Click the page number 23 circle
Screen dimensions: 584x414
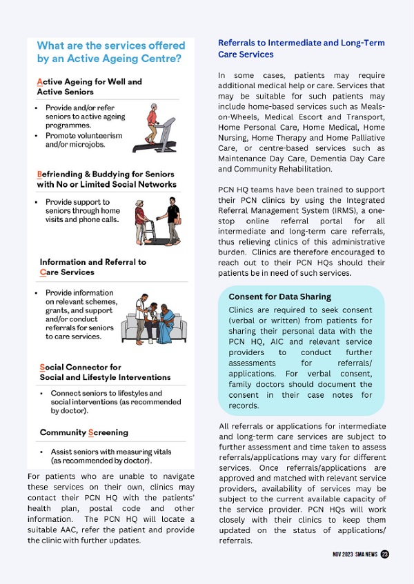tap(384, 554)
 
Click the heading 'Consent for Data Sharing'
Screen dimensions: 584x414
tap(279, 297)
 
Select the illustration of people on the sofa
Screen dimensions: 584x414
tap(154, 321)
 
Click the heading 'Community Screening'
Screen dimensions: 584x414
tap(83, 432)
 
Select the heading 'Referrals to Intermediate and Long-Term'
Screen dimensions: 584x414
tap(301, 43)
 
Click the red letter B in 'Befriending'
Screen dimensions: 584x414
tap(39, 174)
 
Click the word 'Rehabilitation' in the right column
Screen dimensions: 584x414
tap(304, 169)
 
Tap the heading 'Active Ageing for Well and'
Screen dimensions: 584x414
tap(89, 81)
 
